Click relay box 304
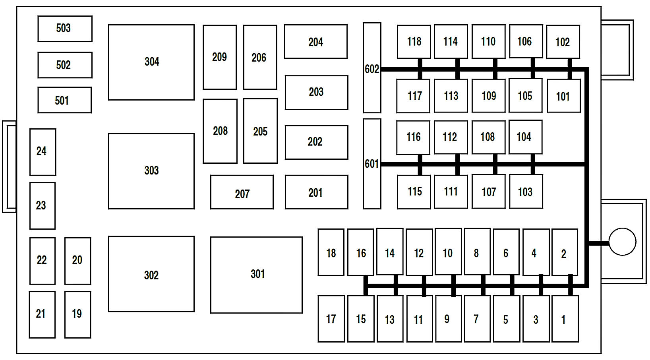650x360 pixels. pyautogui.click(x=151, y=62)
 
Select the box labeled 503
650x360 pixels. pyautogui.click(x=65, y=29)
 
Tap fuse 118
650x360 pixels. pyautogui.click(x=414, y=41)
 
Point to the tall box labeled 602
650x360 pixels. pyautogui.click(x=372, y=68)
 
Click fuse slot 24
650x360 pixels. pyautogui.click(x=43, y=152)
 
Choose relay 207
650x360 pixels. pyautogui.click(x=242, y=192)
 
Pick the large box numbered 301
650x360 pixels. pyautogui.click(x=256, y=275)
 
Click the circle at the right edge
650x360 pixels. pyautogui.click(x=622, y=242)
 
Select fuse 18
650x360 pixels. pyautogui.click(x=331, y=252)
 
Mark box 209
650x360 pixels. pyautogui.click(x=219, y=57)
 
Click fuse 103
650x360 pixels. pyautogui.click(x=526, y=192)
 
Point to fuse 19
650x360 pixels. pyautogui.click(x=77, y=314)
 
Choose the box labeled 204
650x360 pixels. pyautogui.click(x=315, y=42)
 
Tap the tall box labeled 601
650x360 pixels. pyautogui.click(x=372, y=164)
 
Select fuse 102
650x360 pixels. pyautogui.click(x=563, y=42)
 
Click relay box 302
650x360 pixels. pyautogui.click(x=151, y=274)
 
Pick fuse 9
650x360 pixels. pyautogui.click(x=448, y=318)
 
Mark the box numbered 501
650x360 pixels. pyautogui.click(x=64, y=100)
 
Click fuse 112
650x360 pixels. pyautogui.click(x=451, y=137)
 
